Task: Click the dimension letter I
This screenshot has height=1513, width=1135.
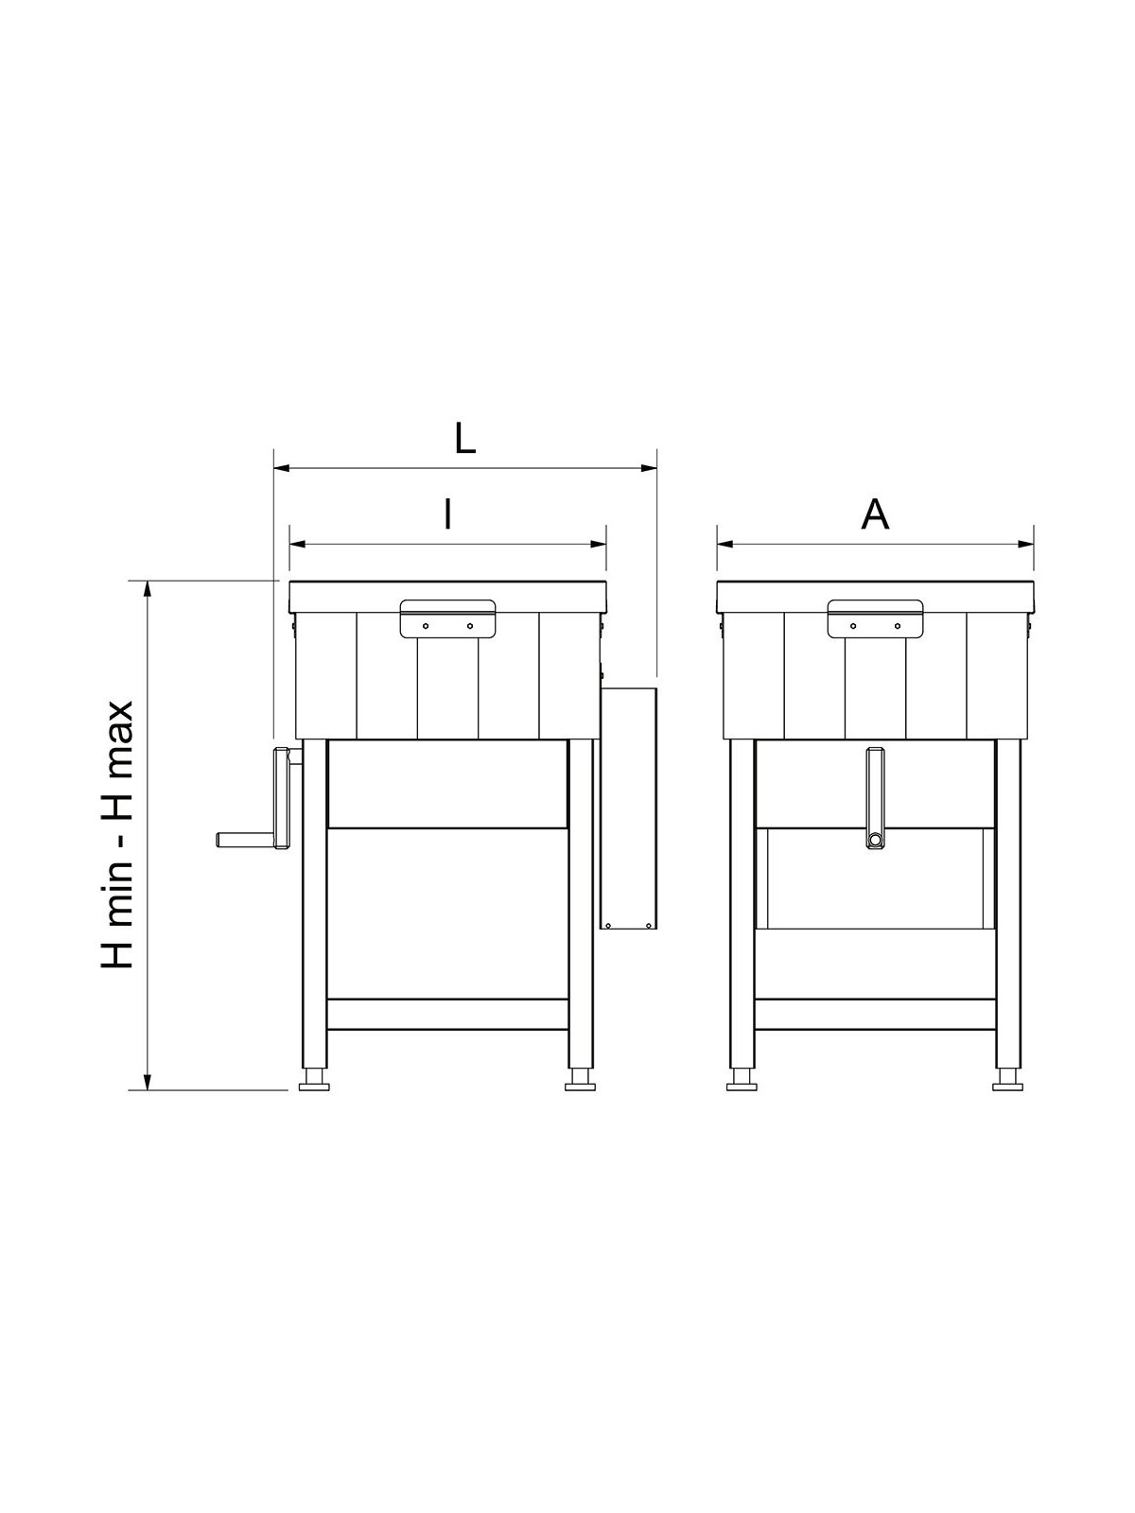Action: click(x=448, y=513)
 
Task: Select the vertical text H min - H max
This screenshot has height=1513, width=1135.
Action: click(x=117, y=835)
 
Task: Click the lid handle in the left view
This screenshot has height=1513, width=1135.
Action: click(x=448, y=618)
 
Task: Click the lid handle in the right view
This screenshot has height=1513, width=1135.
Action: click(x=875, y=618)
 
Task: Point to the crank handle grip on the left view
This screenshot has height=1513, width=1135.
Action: click(x=246, y=840)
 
